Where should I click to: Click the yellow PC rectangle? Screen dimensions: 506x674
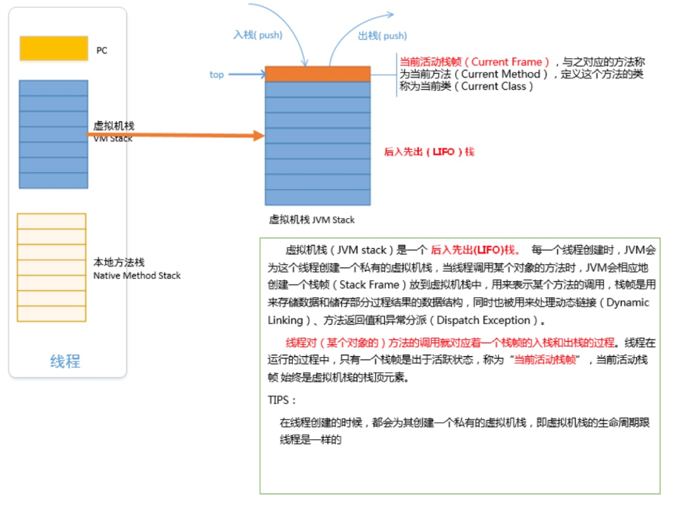(x=54, y=48)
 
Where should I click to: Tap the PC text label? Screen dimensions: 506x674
(x=101, y=51)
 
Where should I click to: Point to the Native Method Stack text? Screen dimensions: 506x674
(x=137, y=275)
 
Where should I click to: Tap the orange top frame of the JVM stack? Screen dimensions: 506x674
(x=318, y=74)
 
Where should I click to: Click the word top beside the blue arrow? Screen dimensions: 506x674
(x=217, y=74)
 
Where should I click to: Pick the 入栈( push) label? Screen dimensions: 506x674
(x=258, y=35)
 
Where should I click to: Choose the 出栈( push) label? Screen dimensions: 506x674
(x=382, y=35)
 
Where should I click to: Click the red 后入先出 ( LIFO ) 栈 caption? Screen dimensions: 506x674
(x=429, y=152)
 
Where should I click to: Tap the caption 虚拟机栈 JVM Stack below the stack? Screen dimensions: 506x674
(x=311, y=220)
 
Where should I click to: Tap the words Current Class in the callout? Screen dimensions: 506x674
(x=493, y=86)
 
